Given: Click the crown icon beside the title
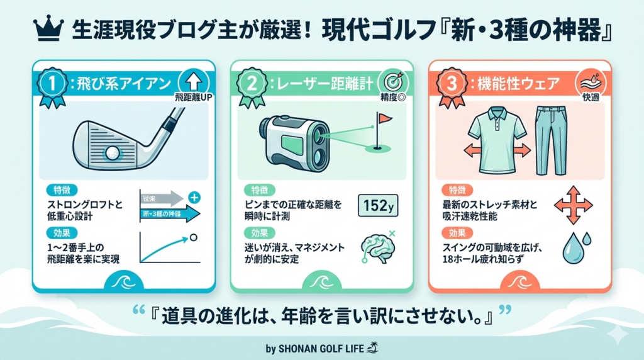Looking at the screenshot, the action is [x=48, y=29].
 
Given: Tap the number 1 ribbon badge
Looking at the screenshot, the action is [x=52, y=87].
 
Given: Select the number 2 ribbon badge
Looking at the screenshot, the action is [x=251, y=87].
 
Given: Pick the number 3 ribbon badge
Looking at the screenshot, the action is [x=452, y=87].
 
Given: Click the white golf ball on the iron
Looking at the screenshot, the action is [x=113, y=153].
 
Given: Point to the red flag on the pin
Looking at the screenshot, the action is [x=385, y=119].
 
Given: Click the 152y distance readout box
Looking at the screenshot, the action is [x=378, y=205].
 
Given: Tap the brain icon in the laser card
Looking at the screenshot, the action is [x=377, y=248].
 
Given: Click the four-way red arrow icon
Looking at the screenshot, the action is [x=574, y=205].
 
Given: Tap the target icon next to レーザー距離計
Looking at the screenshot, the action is [x=393, y=82].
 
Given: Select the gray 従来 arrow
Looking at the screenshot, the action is [x=162, y=199].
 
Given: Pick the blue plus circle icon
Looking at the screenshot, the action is [x=194, y=198].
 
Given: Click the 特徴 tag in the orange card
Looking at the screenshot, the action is [x=457, y=190].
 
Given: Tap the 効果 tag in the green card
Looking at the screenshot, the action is [x=259, y=233].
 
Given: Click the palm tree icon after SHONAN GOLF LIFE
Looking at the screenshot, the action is [x=372, y=347].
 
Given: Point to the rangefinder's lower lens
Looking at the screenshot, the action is [x=319, y=155].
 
